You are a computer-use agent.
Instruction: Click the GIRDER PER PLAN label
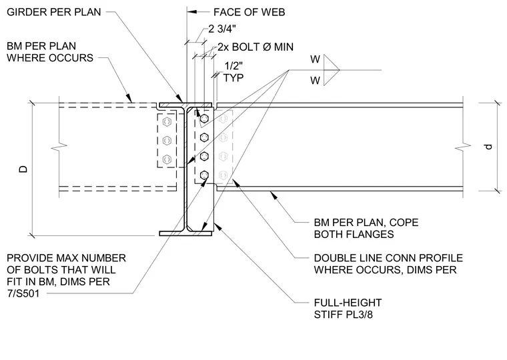[x=53, y=12]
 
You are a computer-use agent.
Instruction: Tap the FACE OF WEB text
[x=249, y=12]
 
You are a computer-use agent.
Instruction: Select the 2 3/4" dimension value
[x=221, y=29]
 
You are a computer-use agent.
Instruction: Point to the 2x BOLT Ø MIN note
[x=255, y=47]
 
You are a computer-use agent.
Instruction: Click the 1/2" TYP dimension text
[x=233, y=72]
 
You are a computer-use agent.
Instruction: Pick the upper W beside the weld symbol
[x=316, y=59]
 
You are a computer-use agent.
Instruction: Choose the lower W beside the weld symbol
[x=316, y=80]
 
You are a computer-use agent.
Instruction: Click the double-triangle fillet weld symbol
[x=331, y=70]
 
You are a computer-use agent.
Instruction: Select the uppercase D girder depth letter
[x=23, y=169]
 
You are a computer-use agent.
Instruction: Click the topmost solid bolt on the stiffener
[x=204, y=119]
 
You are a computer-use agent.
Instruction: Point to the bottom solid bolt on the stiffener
[x=204, y=175]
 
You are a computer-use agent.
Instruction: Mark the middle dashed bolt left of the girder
[x=167, y=140]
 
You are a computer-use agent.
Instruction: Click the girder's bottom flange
[x=185, y=233]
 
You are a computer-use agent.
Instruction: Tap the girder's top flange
[x=185, y=105]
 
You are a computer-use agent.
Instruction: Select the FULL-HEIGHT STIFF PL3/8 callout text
[x=348, y=309]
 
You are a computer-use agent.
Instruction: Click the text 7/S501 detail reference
[x=23, y=293]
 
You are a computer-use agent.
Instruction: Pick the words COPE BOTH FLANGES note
[x=366, y=228]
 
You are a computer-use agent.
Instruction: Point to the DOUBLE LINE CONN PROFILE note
[x=388, y=258]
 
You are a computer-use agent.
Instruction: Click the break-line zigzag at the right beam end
[x=463, y=147]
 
